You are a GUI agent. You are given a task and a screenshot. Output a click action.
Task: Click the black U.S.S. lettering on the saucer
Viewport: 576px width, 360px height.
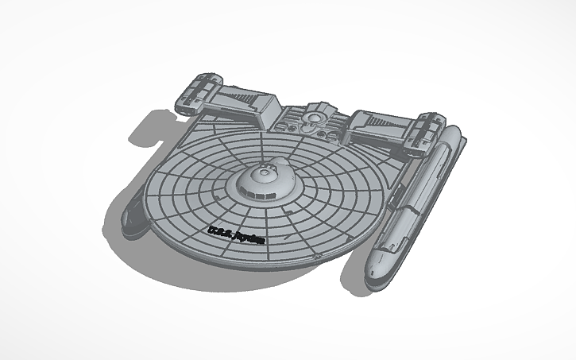tap(217, 230)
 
